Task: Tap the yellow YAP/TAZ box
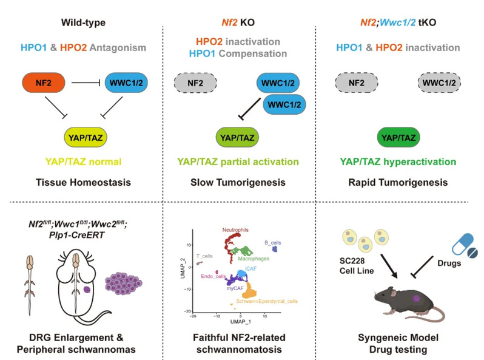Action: pos(86,137)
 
